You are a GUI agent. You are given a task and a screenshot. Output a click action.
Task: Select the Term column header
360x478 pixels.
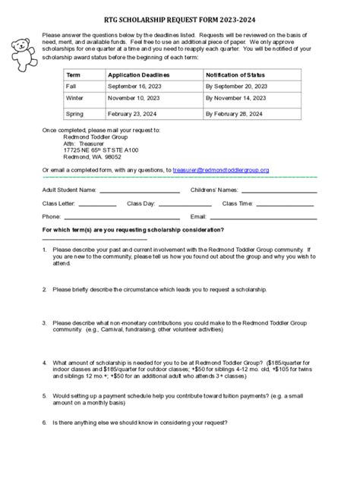coord(74,75)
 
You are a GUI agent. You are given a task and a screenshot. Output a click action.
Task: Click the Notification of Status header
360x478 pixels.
coord(236,75)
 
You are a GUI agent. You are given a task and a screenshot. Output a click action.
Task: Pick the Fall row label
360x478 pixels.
coord(71,86)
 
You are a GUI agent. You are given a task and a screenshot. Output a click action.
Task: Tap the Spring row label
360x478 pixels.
coord(74,113)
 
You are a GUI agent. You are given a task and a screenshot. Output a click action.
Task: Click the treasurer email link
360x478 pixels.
coord(221,171)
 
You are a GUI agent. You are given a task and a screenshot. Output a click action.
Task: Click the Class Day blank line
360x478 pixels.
coord(185,205)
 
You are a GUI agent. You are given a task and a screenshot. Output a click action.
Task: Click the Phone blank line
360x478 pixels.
coord(122,218)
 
